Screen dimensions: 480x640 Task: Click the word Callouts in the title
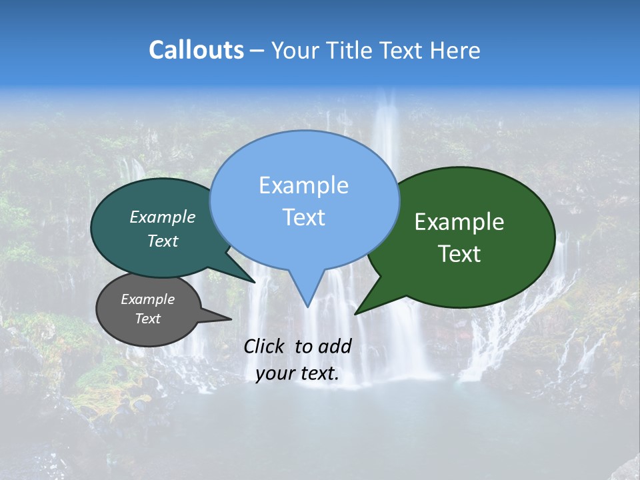(196, 50)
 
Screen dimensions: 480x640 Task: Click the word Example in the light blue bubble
(303, 185)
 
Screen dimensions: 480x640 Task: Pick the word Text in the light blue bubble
(303, 217)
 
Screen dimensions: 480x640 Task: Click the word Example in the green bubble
(459, 222)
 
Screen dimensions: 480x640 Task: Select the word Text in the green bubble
(459, 254)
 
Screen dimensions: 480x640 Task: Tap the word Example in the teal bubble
(163, 217)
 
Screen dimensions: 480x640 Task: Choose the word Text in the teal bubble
(163, 241)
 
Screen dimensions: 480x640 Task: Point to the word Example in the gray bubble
(147, 299)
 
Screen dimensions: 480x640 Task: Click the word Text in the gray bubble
(147, 319)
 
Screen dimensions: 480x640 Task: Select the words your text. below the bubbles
(297, 374)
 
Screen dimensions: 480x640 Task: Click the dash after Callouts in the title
(257, 50)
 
